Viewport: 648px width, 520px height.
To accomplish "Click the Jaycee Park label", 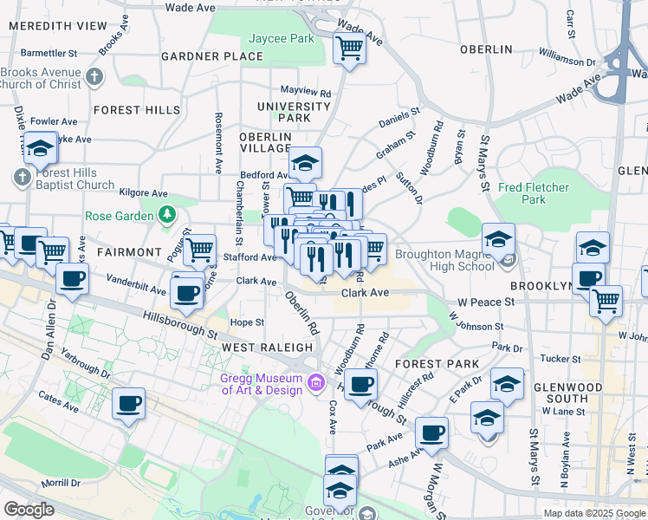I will pyautogui.click(x=282, y=39).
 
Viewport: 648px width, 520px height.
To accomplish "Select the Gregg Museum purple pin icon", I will pyautogui.click(x=315, y=382).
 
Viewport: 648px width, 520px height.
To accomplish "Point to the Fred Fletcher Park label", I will pyautogui.click(x=534, y=193).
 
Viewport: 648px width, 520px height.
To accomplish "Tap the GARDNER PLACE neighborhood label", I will pyautogui.click(x=212, y=56).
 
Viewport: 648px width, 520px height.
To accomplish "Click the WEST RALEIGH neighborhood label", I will pyautogui.click(x=267, y=347).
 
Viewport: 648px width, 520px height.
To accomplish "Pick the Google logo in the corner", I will pyautogui.click(x=29, y=510).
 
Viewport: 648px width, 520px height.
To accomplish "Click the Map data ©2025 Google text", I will pyautogui.click(x=594, y=513).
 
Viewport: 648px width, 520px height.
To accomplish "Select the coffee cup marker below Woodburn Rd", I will pyautogui.click(x=361, y=383).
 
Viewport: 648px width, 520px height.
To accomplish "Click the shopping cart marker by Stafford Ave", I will pyautogui.click(x=200, y=250).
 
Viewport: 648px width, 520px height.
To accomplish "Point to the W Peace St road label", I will pyautogui.click(x=486, y=302).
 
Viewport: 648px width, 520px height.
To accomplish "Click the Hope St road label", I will pyautogui.click(x=247, y=322).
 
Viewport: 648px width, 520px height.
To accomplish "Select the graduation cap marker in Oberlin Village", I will pyautogui.click(x=305, y=162).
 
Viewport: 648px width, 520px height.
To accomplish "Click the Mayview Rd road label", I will pyautogui.click(x=306, y=91).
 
